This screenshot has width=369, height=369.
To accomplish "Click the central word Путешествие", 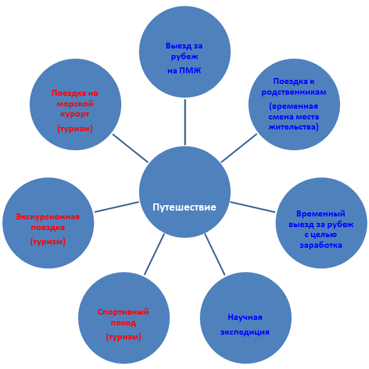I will click(184, 207).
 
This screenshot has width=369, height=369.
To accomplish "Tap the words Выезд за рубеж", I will click(184, 51).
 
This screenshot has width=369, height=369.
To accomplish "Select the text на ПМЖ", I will click(184, 71).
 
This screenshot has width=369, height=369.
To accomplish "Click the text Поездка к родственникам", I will click(293, 87).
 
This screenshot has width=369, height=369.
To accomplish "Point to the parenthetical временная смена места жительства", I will click(293, 116).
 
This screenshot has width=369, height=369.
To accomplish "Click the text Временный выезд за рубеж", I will click(321, 219).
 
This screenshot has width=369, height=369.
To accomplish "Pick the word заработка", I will click(321, 245).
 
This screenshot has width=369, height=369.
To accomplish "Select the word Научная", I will click(245, 317).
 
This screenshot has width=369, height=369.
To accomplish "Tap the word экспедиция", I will click(245, 332).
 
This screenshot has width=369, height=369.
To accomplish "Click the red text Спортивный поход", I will click(123, 317).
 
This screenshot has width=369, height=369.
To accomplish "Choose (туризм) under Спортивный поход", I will click(123, 336).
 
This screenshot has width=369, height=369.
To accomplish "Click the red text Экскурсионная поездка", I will click(48, 222).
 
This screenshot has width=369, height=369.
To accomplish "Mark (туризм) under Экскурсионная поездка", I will click(48, 241).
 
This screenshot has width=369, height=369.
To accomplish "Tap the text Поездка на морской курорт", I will click(75, 103).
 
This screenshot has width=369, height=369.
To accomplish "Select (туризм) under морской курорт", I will click(75, 128).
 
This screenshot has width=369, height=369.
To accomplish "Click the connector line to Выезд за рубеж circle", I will click(184, 122).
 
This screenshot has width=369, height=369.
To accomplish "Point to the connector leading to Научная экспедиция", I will click(215, 254).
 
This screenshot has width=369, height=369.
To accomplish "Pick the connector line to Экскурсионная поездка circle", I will click(116, 207).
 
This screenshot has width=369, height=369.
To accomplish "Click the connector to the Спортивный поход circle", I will click(154, 254).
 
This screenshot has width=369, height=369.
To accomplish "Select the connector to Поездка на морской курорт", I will click(130, 148).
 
